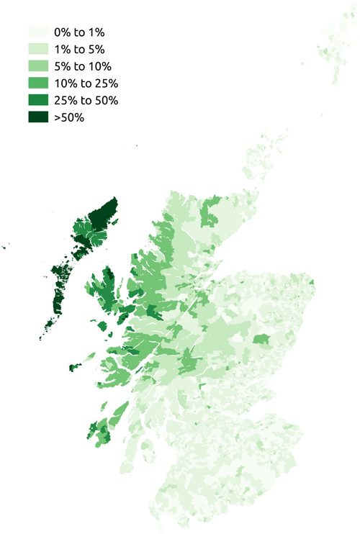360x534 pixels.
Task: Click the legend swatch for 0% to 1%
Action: [x=37, y=32]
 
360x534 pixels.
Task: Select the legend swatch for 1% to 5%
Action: [x=37, y=49]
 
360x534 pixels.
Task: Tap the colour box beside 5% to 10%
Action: [x=37, y=66]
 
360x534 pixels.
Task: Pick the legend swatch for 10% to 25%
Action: [x=37, y=83]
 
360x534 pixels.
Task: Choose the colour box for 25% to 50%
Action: [x=37, y=100]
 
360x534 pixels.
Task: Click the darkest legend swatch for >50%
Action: [x=37, y=117]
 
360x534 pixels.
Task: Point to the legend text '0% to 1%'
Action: [x=78, y=32]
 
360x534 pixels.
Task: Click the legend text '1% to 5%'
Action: [x=78, y=49]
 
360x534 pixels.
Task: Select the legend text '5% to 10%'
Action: [x=81, y=66]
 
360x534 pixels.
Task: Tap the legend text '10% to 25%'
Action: [x=85, y=83]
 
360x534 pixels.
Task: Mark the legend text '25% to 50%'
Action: [x=85, y=100]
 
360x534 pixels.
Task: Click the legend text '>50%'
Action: [x=69, y=117]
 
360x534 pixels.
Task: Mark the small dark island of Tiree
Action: [x=73, y=368]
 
